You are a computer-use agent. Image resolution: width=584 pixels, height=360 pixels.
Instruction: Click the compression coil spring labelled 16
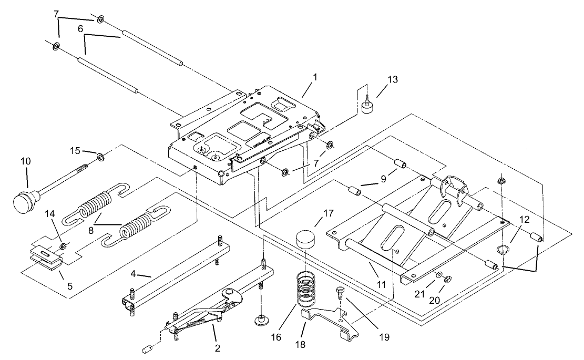click(305, 290)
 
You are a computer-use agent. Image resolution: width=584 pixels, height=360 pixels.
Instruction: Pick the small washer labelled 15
click(99, 156)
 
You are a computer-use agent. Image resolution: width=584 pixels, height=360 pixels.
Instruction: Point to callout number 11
click(382, 284)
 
